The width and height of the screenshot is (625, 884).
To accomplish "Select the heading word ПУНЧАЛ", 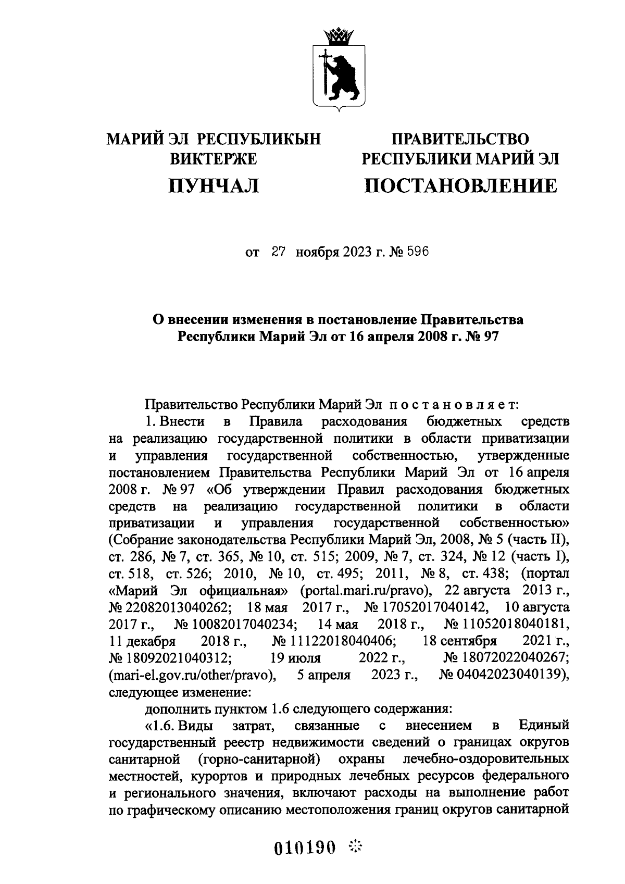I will point(214,185).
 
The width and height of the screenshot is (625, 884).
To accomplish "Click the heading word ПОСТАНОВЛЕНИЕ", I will point(460,185).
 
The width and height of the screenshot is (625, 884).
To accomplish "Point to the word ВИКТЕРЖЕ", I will point(214,159).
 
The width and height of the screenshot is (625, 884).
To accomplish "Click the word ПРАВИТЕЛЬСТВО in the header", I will point(460,139).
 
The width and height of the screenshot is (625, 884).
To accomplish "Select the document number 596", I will point(416,253).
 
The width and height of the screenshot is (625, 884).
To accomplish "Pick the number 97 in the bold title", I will point(491,337).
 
